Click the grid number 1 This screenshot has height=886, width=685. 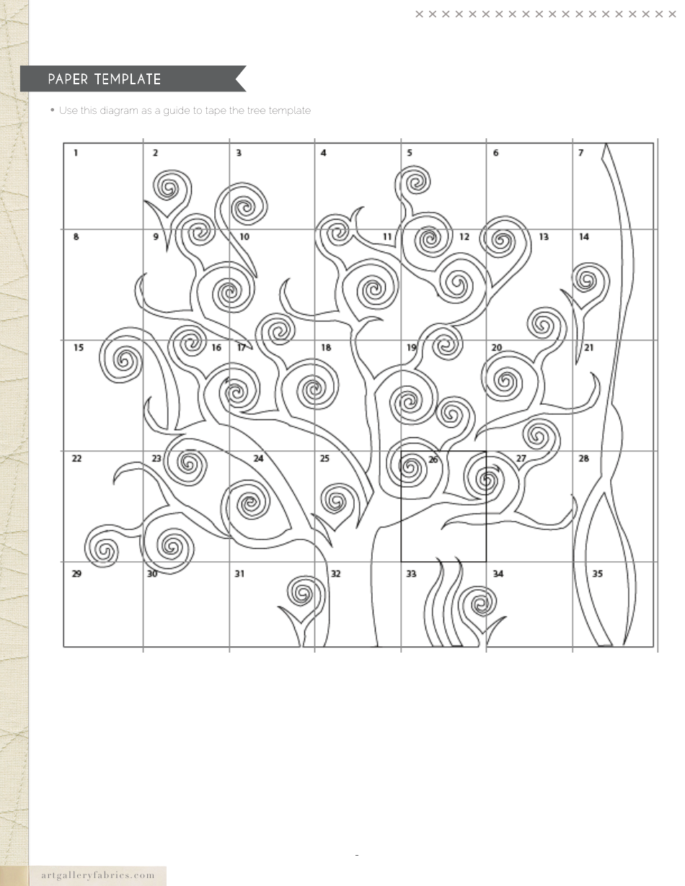tap(76, 153)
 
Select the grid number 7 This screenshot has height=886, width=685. tap(580, 153)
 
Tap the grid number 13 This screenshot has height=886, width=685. tap(544, 237)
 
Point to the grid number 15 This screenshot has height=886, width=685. tap(78, 348)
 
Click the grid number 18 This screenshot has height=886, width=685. tap(326, 348)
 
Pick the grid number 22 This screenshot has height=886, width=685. tap(77, 458)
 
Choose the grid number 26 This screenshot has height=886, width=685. tap(433, 459)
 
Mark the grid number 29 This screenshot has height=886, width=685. tap(77, 574)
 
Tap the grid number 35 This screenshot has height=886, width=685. tap(598, 574)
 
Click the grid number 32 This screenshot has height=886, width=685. tap(335, 574)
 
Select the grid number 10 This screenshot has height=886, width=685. tap(244, 237)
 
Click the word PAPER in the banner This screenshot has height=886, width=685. tap(70, 79)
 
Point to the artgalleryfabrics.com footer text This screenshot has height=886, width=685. tap(98, 876)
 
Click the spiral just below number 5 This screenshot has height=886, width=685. tap(416, 180)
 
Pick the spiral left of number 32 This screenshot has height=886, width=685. tap(302, 594)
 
